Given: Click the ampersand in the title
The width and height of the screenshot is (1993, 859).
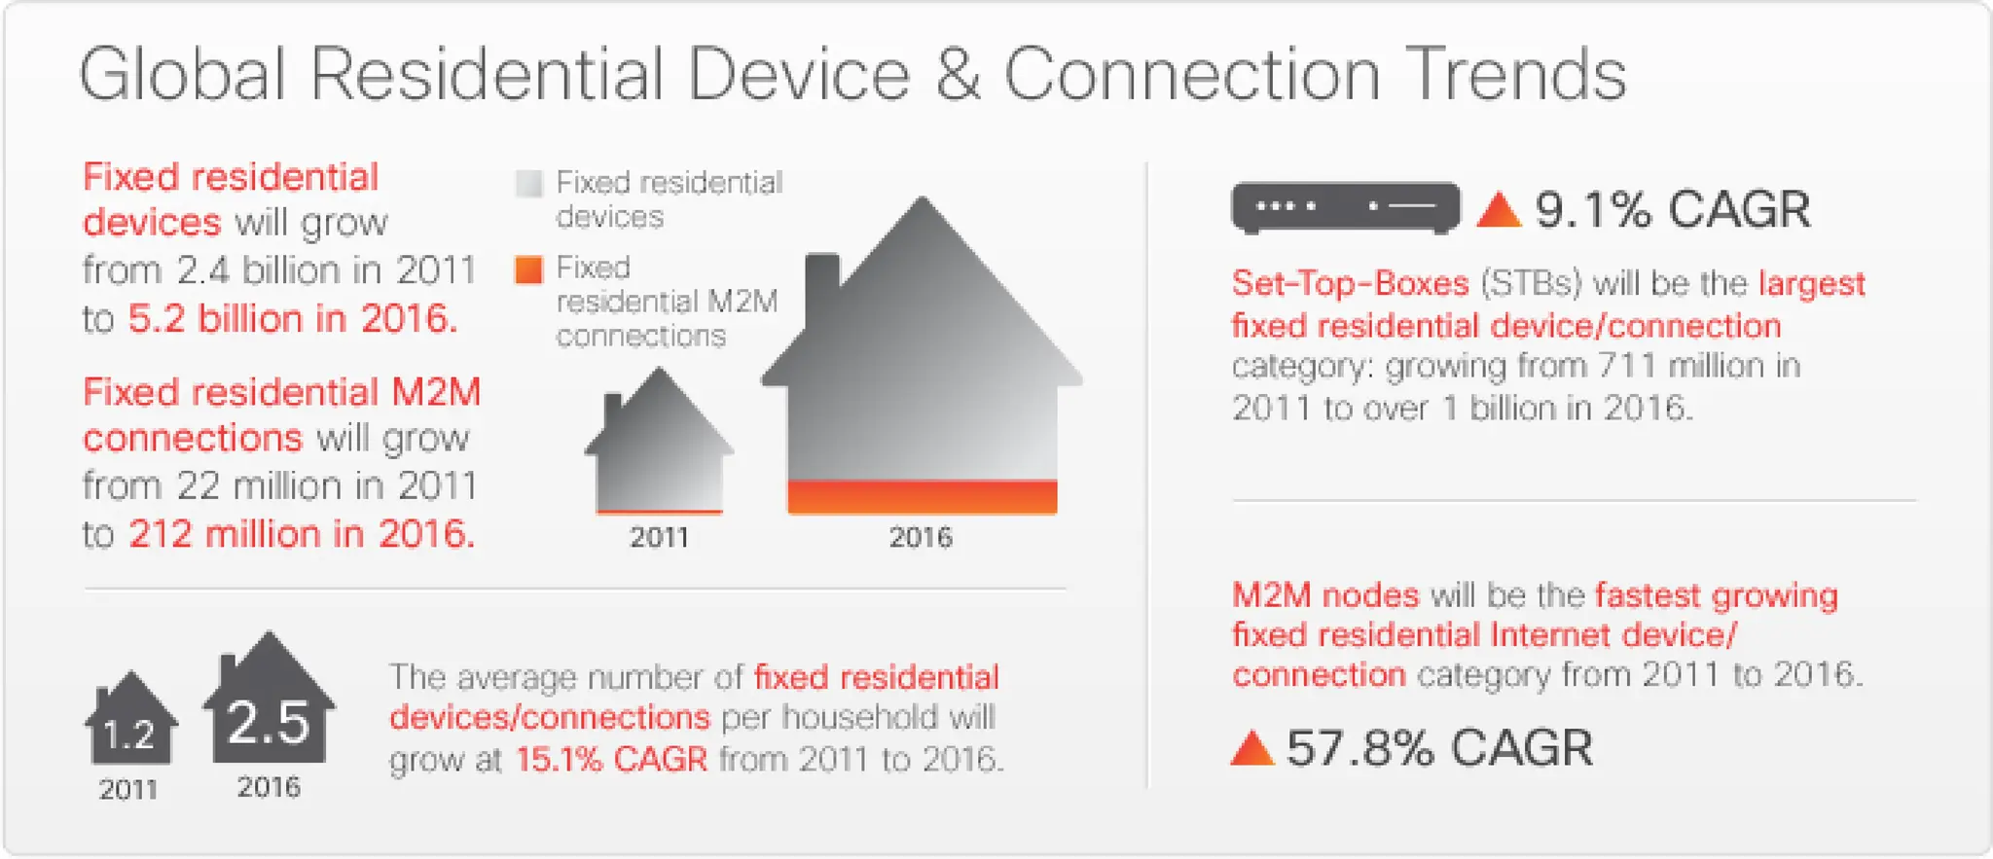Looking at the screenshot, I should click(958, 75).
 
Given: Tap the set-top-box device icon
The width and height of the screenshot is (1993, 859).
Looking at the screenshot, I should click(1345, 207).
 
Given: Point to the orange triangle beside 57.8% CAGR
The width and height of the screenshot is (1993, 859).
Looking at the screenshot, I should click(1252, 749).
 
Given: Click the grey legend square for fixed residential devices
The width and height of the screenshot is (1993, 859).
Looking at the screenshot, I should click(528, 183).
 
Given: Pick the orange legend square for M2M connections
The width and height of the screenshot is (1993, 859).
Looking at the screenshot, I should click(528, 269).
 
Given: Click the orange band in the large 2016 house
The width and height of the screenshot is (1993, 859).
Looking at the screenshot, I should click(922, 496).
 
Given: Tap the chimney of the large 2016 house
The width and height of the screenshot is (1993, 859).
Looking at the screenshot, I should click(822, 277).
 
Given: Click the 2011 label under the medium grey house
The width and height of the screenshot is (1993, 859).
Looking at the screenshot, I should click(659, 537).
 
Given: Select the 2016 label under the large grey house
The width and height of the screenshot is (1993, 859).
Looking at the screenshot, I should click(921, 537).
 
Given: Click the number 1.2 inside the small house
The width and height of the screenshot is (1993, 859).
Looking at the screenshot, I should click(128, 735).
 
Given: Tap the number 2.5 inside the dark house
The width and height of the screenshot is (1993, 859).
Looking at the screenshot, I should click(268, 723).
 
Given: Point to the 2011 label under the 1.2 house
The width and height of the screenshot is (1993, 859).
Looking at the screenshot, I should click(127, 789).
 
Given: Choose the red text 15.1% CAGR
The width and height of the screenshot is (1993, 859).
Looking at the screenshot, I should click(611, 759).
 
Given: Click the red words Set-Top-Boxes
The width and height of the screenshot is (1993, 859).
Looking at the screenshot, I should click(1350, 283).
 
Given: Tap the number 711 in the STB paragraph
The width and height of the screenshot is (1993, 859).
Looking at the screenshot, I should click(1621, 366).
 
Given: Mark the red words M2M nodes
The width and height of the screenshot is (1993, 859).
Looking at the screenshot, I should click(1325, 594).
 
